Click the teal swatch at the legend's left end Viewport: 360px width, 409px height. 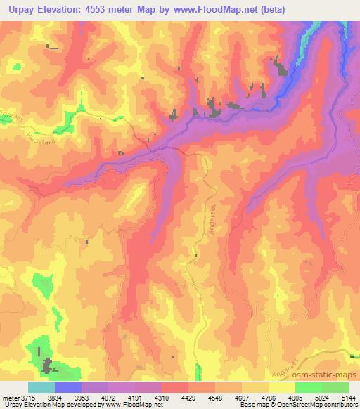(x=41, y=387)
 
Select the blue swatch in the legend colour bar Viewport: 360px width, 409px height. (x=68, y=387)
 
